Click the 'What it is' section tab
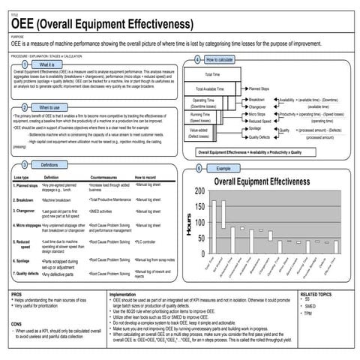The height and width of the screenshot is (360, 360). [x=46, y=66]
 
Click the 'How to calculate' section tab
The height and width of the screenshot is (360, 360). [x=220, y=59]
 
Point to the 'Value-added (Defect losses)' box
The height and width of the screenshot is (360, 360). [x=199, y=133]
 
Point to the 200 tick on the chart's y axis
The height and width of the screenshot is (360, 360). [x=198, y=191]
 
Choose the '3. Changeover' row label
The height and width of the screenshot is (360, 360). [x=27, y=212]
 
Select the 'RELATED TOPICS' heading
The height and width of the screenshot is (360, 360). [x=319, y=294]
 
